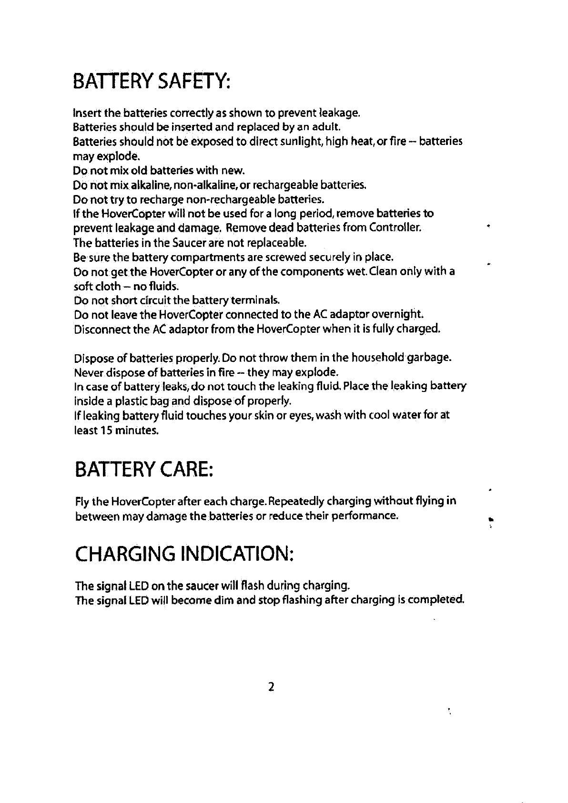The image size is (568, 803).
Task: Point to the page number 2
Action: coord(271,687)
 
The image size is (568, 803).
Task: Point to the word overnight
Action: coord(398,315)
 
